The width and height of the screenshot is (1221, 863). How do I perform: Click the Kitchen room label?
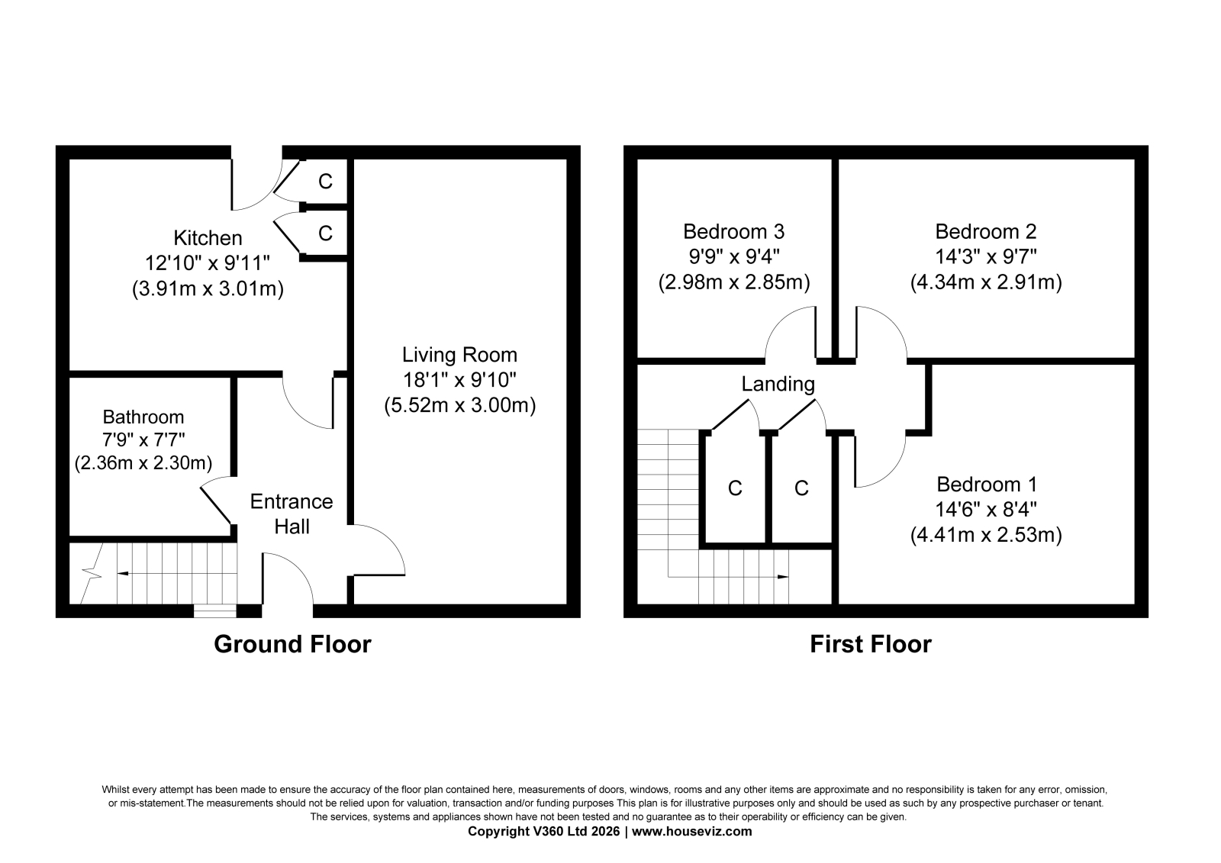click(208, 238)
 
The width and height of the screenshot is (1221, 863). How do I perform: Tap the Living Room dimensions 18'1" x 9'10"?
click(459, 380)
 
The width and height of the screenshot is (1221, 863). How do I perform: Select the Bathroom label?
click(143, 417)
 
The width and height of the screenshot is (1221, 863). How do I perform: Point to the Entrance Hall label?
click(292, 514)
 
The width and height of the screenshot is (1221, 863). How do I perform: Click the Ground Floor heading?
click(293, 644)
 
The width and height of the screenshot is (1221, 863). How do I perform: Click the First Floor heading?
click(871, 644)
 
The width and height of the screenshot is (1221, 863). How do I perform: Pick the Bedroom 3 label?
click(733, 232)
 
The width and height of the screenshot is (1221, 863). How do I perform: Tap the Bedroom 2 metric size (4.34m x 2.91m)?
click(986, 282)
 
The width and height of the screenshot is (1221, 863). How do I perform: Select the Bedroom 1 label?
click(986, 485)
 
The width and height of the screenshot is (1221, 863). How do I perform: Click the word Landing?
click(778, 385)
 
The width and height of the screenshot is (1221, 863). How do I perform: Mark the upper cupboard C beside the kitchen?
click(325, 181)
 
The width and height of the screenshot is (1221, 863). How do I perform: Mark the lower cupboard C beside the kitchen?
click(325, 233)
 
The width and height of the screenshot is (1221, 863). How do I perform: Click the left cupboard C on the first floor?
click(735, 488)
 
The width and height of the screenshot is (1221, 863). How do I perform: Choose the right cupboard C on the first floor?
click(801, 488)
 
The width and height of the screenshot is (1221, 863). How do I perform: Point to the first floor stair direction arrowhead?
click(783, 576)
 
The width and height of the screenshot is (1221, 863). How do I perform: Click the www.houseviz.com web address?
click(691, 832)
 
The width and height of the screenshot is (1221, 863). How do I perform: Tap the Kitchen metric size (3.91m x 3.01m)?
click(208, 289)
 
